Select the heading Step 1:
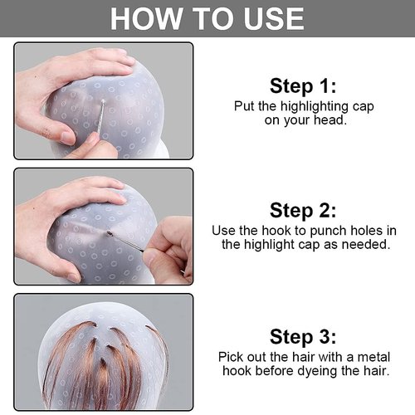[x=303, y=85]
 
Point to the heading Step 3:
[x=303, y=336]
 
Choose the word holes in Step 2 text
[x=359, y=229]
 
